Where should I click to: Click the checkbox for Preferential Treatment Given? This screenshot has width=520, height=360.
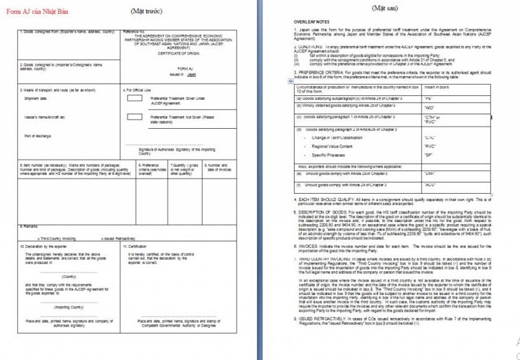click(134, 98)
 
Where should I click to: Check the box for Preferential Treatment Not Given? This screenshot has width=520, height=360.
click(134, 117)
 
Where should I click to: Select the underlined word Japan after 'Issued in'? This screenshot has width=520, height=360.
click(192, 75)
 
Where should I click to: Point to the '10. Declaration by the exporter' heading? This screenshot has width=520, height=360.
click(43, 246)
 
